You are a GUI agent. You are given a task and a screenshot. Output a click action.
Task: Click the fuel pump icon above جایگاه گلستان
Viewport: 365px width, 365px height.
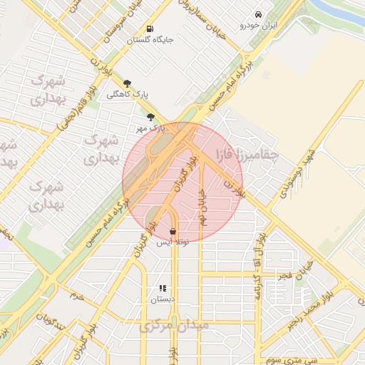click(149, 29)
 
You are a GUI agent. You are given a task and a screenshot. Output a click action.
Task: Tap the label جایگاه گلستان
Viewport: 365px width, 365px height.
click(150, 41)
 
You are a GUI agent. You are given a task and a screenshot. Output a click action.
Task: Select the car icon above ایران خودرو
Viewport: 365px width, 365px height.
click(257, 14)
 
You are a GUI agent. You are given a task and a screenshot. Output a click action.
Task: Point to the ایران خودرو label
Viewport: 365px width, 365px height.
click(258, 26)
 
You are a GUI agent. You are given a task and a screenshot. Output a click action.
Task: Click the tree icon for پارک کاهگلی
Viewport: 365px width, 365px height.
click(128, 83)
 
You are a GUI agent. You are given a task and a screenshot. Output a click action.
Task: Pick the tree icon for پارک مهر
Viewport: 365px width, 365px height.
click(150, 117)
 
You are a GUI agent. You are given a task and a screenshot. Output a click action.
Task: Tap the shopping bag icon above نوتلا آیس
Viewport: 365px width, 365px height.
click(174, 231)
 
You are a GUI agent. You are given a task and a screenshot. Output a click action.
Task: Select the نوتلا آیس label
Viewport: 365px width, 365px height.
click(174, 242)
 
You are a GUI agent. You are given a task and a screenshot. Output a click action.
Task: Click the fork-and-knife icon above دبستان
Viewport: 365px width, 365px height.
click(163, 289)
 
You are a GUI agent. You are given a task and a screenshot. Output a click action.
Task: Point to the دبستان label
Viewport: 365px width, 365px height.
click(163, 300)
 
